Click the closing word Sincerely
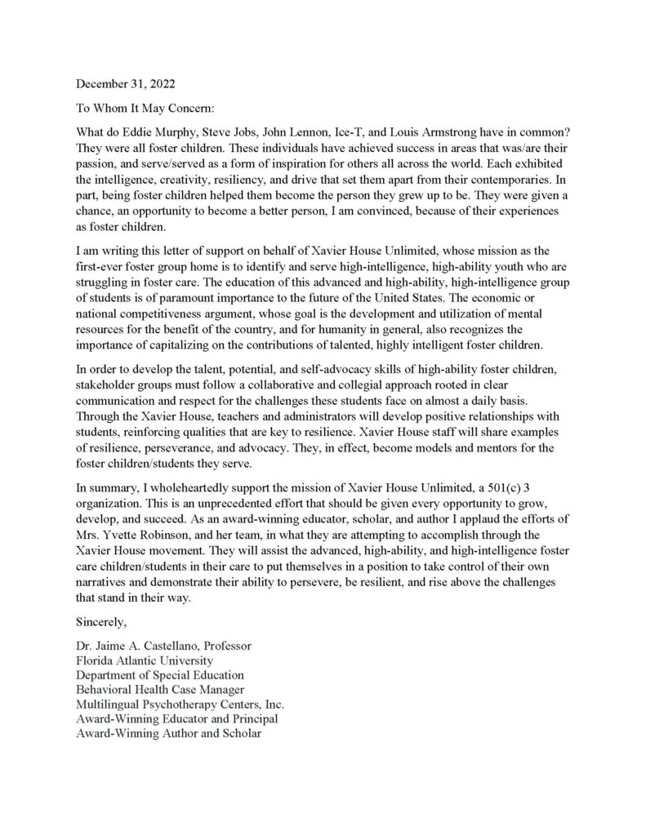coord(101,622)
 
